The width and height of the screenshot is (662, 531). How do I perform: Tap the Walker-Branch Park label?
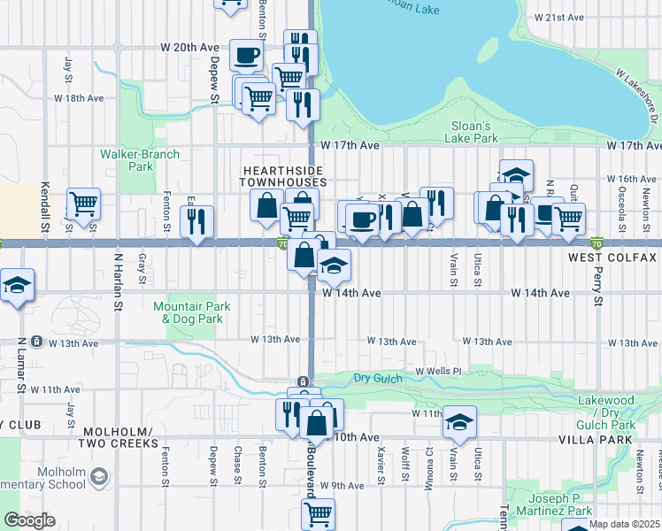coord(140,160)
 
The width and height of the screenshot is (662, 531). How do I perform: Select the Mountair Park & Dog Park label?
coord(191,312)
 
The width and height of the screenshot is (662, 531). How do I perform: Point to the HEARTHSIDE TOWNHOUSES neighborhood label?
coord(283,175)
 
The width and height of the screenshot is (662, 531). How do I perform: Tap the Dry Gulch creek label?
coord(379,378)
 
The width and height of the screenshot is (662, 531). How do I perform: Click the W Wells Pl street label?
coord(433,372)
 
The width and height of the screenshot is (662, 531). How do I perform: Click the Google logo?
coord(30,520)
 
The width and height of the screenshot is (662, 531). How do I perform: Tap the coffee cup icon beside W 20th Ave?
coord(246,56)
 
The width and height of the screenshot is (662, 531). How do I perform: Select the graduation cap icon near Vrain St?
coord(459,423)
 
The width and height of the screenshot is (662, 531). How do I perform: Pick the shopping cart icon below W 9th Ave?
coord(318,513)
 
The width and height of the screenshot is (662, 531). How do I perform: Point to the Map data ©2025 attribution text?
coord(612,524)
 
